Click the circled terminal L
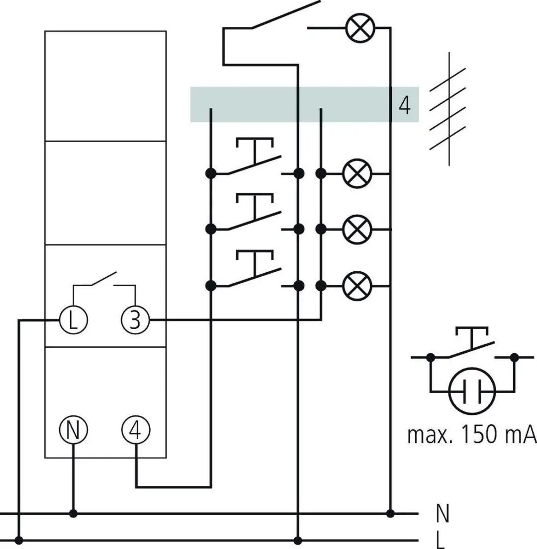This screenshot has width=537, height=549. click(x=73, y=319)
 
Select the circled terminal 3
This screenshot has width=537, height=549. click(x=135, y=319)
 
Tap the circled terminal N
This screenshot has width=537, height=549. click(x=73, y=430)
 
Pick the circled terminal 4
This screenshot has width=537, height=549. click(x=136, y=430)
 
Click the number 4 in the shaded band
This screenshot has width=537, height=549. click(x=405, y=105)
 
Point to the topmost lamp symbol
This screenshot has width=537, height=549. click(x=360, y=28)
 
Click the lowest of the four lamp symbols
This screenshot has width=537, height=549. click(x=357, y=286)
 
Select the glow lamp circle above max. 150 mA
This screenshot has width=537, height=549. click(x=472, y=391)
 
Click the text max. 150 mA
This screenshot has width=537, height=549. click(x=472, y=434)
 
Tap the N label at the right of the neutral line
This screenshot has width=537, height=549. click(x=443, y=514)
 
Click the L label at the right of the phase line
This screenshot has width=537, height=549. click(x=441, y=541)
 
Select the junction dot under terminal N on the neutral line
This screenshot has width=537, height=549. click(x=73, y=514)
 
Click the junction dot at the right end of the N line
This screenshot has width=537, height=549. click(x=390, y=514)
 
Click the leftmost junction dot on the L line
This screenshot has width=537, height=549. click(x=19, y=540)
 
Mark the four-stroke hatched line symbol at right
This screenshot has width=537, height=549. click(x=448, y=109)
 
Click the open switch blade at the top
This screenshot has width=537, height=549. click(x=285, y=14)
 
